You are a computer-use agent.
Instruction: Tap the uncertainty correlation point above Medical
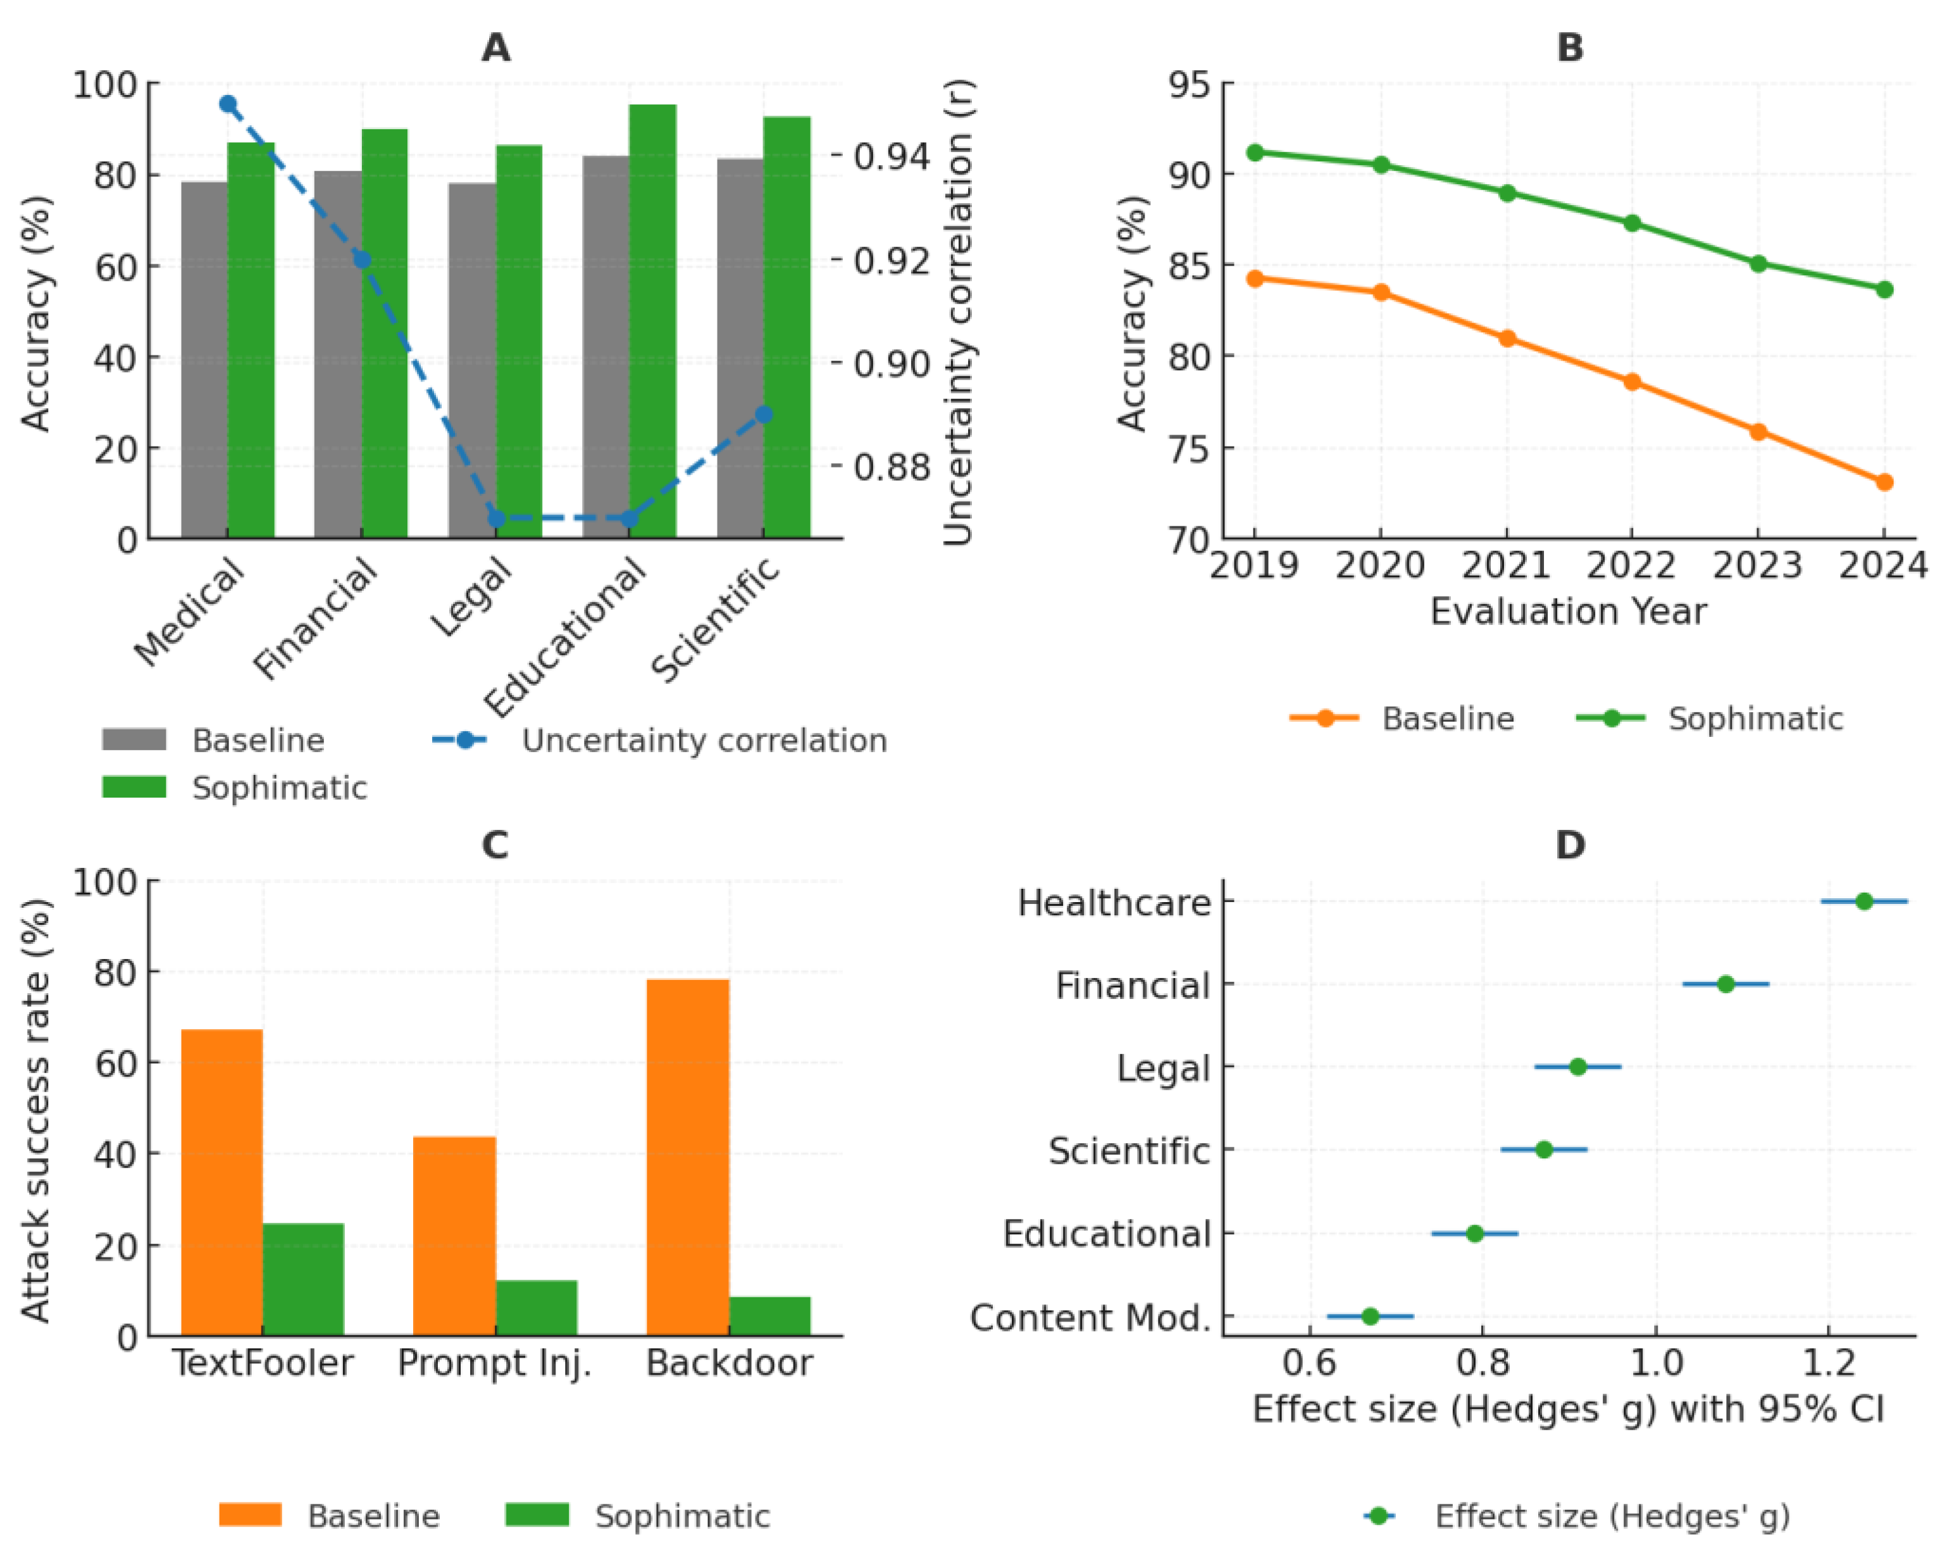tap(228, 105)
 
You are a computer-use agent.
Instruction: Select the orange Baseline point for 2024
tap(1884, 482)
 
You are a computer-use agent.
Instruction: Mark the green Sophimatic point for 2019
tap(1254, 152)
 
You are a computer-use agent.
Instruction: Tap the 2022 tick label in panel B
tap(1631, 566)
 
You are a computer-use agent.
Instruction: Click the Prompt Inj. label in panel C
tap(495, 1363)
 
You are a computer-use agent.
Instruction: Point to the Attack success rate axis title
tap(35, 1111)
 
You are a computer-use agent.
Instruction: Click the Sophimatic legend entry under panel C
tap(682, 1516)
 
